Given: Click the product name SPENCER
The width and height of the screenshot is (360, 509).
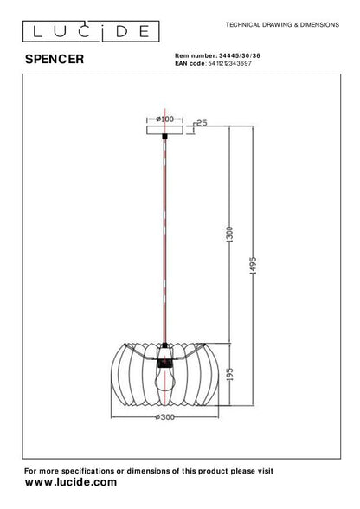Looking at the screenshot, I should (x=54, y=59).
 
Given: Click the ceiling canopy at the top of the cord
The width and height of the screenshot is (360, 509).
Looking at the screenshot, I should (x=164, y=130).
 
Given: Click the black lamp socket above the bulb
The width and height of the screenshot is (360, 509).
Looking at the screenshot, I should (x=164, y=348).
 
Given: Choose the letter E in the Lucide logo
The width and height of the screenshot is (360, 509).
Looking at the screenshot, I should (x=146, y=31).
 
